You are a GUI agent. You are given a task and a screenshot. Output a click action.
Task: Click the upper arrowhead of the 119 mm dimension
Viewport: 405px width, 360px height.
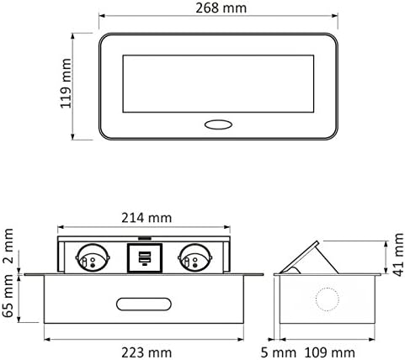(74, 34)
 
